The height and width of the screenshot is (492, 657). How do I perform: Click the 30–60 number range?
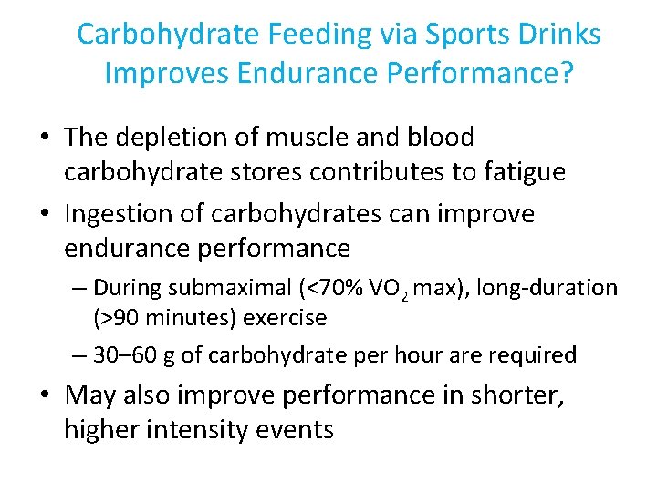pyautogui.click(x=130, y=354)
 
